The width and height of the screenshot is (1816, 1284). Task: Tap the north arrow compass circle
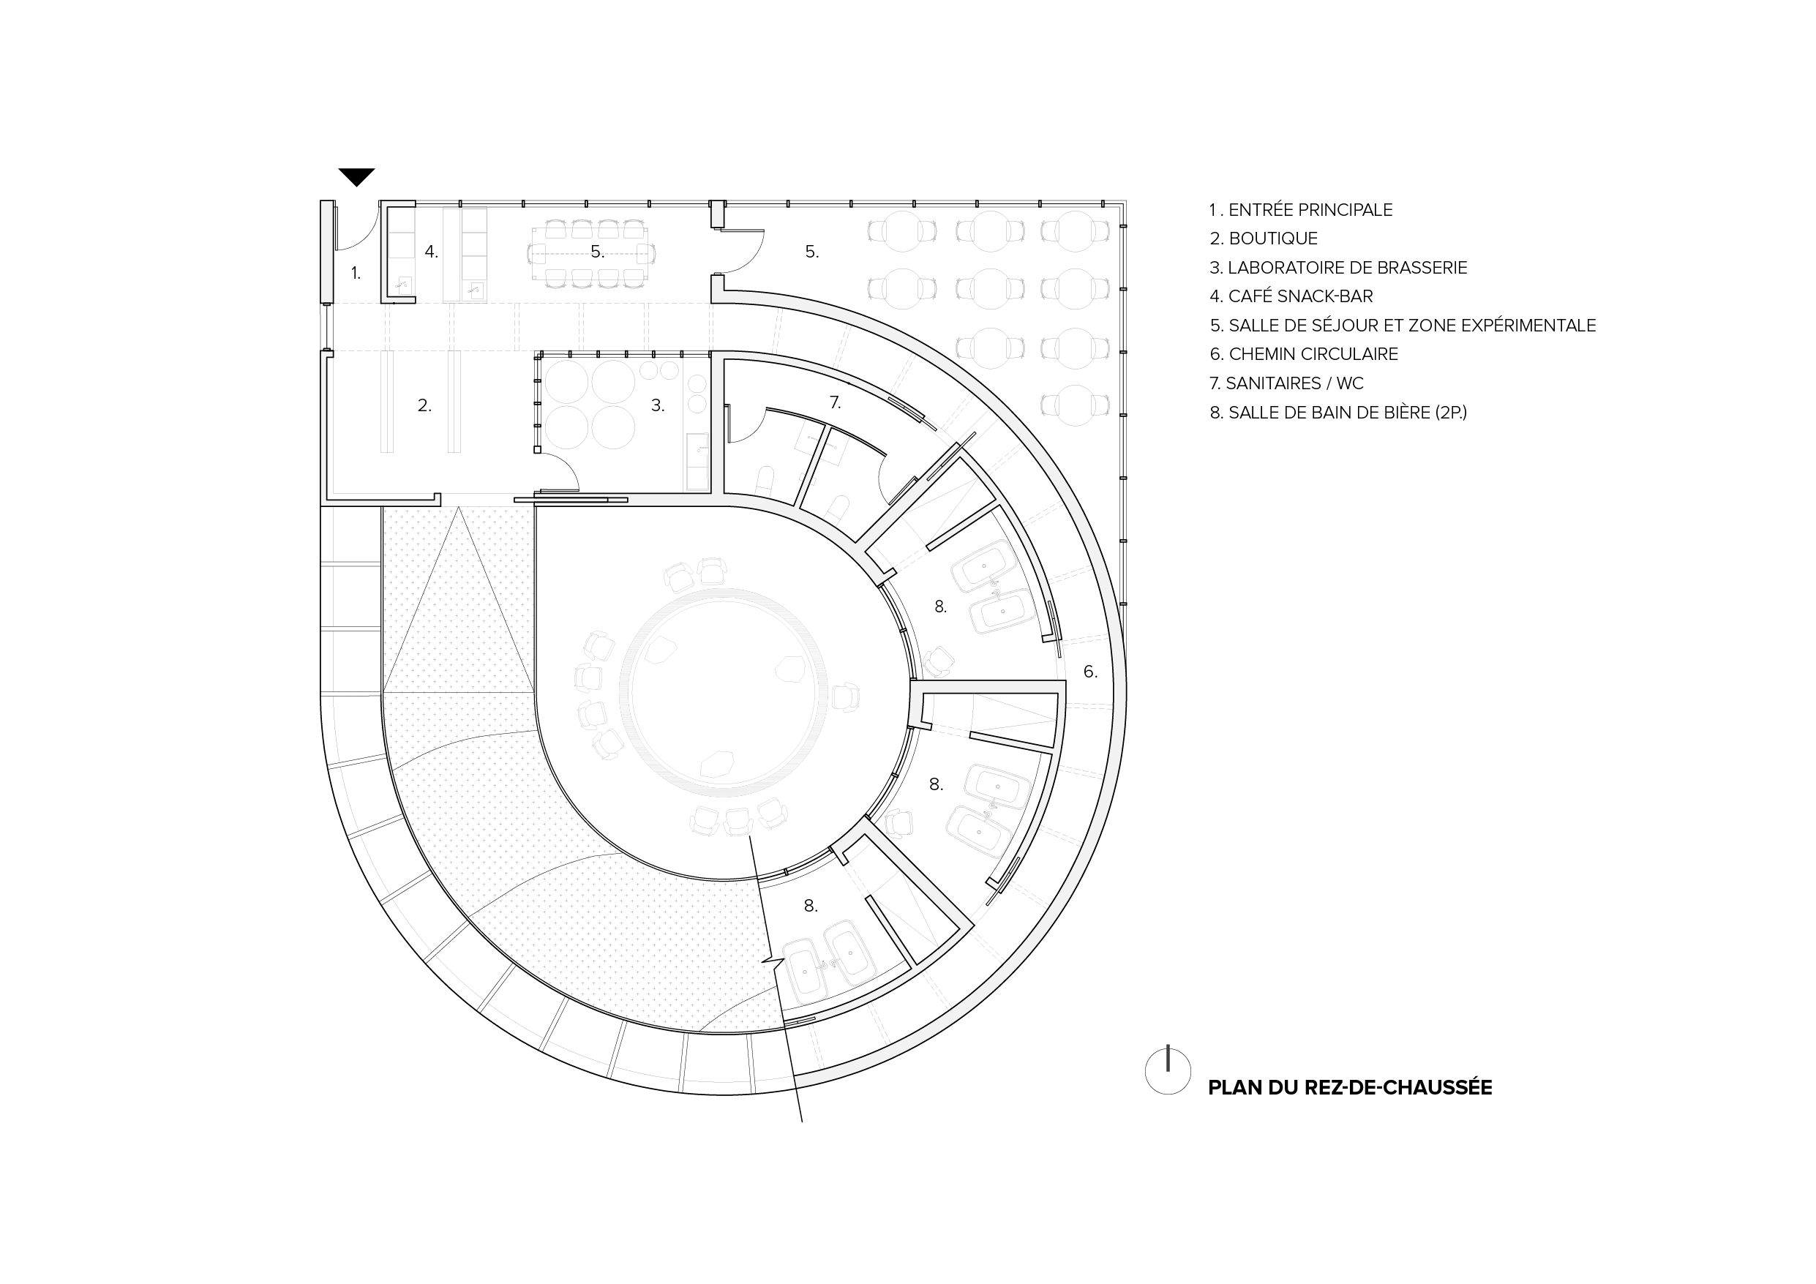tap(1168, 1071)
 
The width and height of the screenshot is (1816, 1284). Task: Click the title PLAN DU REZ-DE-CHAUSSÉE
tap(1349, 1088)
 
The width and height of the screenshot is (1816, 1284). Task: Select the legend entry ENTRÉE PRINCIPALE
tap(1301, 210)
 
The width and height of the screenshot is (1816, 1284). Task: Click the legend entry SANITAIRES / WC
tap(1287, 383)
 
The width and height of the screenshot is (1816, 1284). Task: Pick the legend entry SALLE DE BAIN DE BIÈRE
tap(1338, 412)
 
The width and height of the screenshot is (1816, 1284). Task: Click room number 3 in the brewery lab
tap(657, 406)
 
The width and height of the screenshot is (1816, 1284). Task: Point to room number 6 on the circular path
tap(1090, 672)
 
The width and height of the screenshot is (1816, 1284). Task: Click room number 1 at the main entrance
tap(356, 273)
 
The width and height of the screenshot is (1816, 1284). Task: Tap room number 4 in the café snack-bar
tap(431, 252)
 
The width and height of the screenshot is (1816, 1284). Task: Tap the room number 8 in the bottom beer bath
tap(810, 906)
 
